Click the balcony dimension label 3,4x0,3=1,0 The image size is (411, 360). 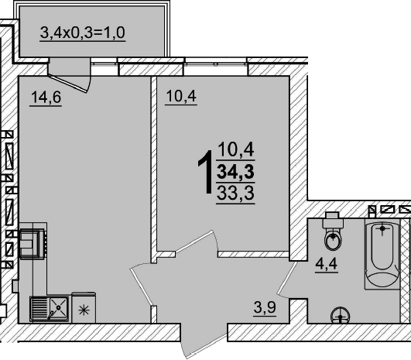(83, 33)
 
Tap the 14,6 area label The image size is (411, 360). (46, 97)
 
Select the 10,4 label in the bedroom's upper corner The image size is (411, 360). (181, 96)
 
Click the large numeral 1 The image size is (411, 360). (206, 172)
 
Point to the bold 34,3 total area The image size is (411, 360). (235, 173)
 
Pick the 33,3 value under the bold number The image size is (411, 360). (235, 193)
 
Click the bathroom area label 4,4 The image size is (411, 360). (327, 263)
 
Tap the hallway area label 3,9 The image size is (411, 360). (265, 307)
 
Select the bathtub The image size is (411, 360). (382, 254)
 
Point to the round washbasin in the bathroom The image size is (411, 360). (341, 315)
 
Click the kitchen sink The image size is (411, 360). (50, 308)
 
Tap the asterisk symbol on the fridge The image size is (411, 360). (84, 310)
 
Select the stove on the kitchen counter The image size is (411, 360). (33, 244)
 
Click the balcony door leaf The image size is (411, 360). (67, 84)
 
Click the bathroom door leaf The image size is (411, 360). (286, 277)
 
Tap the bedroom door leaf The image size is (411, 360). (194, 242)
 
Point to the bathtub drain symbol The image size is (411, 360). (382, 228)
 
